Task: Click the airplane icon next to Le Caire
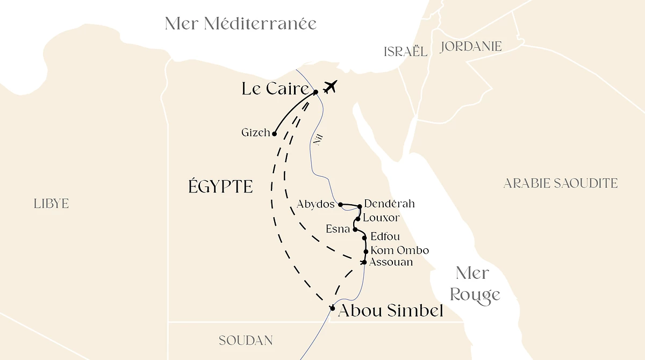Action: pos(330,87)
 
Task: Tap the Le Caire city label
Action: pos(275,89)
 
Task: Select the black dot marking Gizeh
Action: pos(274,134)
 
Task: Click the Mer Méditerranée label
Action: pos(240,24)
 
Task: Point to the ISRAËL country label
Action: pos(406,52)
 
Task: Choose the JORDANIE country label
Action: pos(471,47)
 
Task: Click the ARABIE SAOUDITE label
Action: pos(560,184)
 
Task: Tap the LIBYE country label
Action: pos(51,204)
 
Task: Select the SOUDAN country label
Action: pos(246,341)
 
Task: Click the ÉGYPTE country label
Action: pos(220,186)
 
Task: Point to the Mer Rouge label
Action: pos(475,284)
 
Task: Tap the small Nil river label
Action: pos(318,141)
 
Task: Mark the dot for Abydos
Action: pos(340,204)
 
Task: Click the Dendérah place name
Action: pos(389,204)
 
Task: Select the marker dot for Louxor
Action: pos(357,219)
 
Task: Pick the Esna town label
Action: pos(338,229)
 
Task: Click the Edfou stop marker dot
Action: pos(364,237)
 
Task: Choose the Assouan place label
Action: pos(391,262)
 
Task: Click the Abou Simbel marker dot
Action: pos(332,308)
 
